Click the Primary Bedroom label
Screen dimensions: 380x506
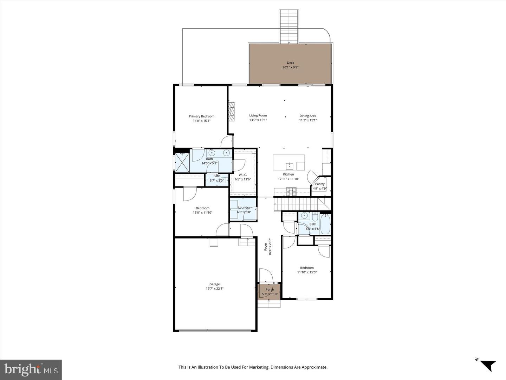pyautogui.click(x=201, y=116)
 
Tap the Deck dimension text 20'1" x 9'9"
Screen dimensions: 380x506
pyautogui.click(x=290, y=67)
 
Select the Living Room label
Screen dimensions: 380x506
pyautogui.click(x=258, y=115)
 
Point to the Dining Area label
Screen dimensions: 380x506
pyautogui.click(x=308, y=116)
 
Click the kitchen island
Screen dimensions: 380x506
pyautogui.click(x=288, y=163)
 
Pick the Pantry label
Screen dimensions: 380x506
pyautogui.click(x=320, y=184)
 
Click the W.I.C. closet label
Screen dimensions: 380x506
pyautogui.click(x=243, y=175)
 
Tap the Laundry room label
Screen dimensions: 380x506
pyautogui.click(x=244, y=208)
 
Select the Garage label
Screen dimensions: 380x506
pyautogui.click(x=215, y=284)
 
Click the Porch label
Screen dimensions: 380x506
pyautogui.click(x=270, y=290)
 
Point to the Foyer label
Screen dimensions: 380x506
pyautogui.click(x=266, y=246)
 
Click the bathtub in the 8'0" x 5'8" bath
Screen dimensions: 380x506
pyautogui.click(x=325, y=224)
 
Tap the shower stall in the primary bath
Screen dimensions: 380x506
pyautogui.click(x=182, y=161)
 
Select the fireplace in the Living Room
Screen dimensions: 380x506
pyautogui.click(x=231, y=112)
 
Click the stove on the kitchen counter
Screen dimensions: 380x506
pyautogui.click(x=291, y=192)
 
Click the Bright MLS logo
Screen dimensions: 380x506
pyautogui.click(x=31, y=369)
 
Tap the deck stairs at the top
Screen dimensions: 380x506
pyautogui.click(x=289, y=26)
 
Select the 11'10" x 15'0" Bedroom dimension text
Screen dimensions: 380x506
pyautogui.click(x=307, y=272)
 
